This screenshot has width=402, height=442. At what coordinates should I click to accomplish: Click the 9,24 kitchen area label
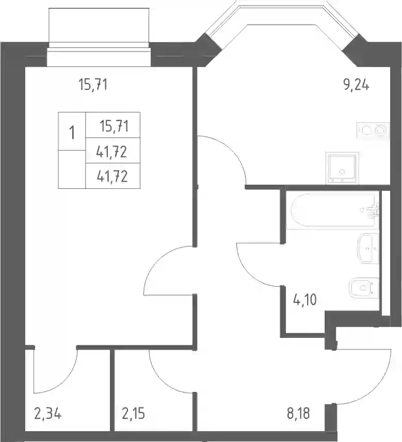click(356, 85)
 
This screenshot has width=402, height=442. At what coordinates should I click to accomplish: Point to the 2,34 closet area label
click(47, 414)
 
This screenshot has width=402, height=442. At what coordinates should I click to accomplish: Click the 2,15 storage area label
click(134, 414)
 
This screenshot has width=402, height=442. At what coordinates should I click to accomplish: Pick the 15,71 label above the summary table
click(93, 85)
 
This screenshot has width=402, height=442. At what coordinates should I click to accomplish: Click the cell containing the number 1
click(72, 131)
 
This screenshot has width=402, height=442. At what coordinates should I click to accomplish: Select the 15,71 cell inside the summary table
click(113, 125)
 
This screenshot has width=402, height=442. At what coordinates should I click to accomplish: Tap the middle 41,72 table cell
click(113, 151)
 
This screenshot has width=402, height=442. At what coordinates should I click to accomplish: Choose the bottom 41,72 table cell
click(113, 176)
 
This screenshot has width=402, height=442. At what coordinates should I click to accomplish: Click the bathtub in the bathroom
click(333, 210)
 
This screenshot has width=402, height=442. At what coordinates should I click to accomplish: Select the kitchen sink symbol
click(342, 168)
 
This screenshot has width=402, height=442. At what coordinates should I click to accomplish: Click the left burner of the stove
click(366, 130)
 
